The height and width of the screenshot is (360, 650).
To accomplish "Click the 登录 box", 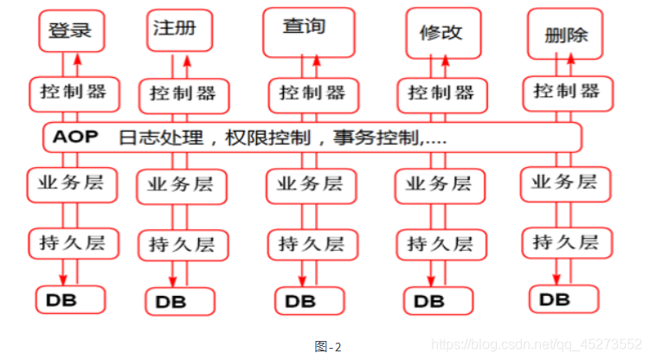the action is point(71,31).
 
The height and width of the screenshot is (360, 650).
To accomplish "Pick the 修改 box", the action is point(441,34).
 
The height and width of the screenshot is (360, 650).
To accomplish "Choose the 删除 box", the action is point(567,35).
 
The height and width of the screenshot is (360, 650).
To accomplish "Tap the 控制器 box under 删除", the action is point(567,91).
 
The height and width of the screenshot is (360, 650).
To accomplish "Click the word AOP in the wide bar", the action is point(76,137).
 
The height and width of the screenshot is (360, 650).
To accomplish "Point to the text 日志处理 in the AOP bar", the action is point(151,138).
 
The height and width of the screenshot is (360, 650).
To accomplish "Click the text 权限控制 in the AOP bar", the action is point(247,138).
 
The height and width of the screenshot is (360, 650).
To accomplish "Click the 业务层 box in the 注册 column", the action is point(181,185).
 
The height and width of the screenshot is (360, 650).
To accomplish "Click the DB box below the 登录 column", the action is point(70,299).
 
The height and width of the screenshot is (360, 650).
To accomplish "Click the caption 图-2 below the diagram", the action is point(328,347).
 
